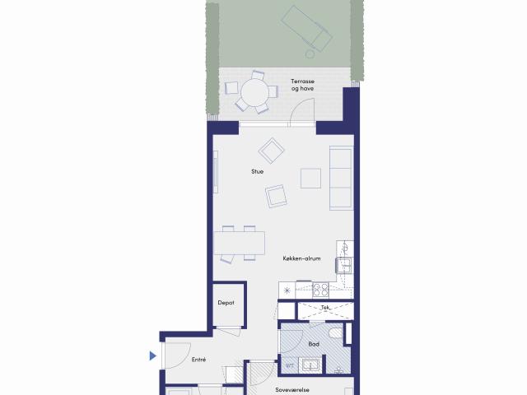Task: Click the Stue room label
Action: click(x=257, y=171)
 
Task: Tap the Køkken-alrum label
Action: click(x=301, y=258)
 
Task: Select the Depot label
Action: click(x=226, y=303)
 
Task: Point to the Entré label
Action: click(x=198, y=360)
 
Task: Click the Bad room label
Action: click(x=314, y=344)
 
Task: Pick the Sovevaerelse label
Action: click(x=292, y=390)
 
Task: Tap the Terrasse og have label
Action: click(x=302, y=85)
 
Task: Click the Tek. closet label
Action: click(x=325, y=307)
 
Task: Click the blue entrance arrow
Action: click(x=153, y=355)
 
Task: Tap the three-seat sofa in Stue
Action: click(x=341, y=178)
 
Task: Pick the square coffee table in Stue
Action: click(x=310, y=178)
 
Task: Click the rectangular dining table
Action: click(x=239, y=243)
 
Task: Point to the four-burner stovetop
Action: click(x=320, y=290)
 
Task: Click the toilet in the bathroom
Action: click(x=336, y=333)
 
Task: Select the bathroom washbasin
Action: click(x=310, y=365)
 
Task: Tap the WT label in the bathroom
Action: click(x=289, y=365)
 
